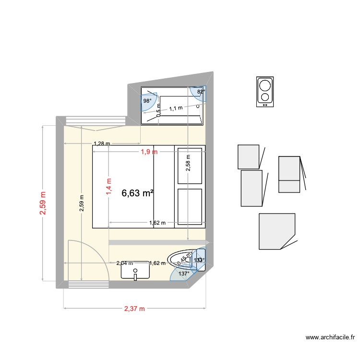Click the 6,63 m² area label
[x=138, y=193]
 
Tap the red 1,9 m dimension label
[x=149, y=152]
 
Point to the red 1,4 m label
[x=109, y=185]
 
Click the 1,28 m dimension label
[x=102, y=144]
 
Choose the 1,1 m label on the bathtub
[x=176, y=108]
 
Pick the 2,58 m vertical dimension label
[x=188, y=163]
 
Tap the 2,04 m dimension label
[x=125, y=263]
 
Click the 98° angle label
[x=147, y=101]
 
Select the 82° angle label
[x=201, y=91]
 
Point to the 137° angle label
[x=184, y=273]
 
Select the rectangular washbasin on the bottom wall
[x=135, y=271]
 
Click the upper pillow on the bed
[x=190, y=166]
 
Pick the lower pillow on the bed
[x=190, y=206]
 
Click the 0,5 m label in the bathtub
[x=158, y=111]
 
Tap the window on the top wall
[x=94, y=120]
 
